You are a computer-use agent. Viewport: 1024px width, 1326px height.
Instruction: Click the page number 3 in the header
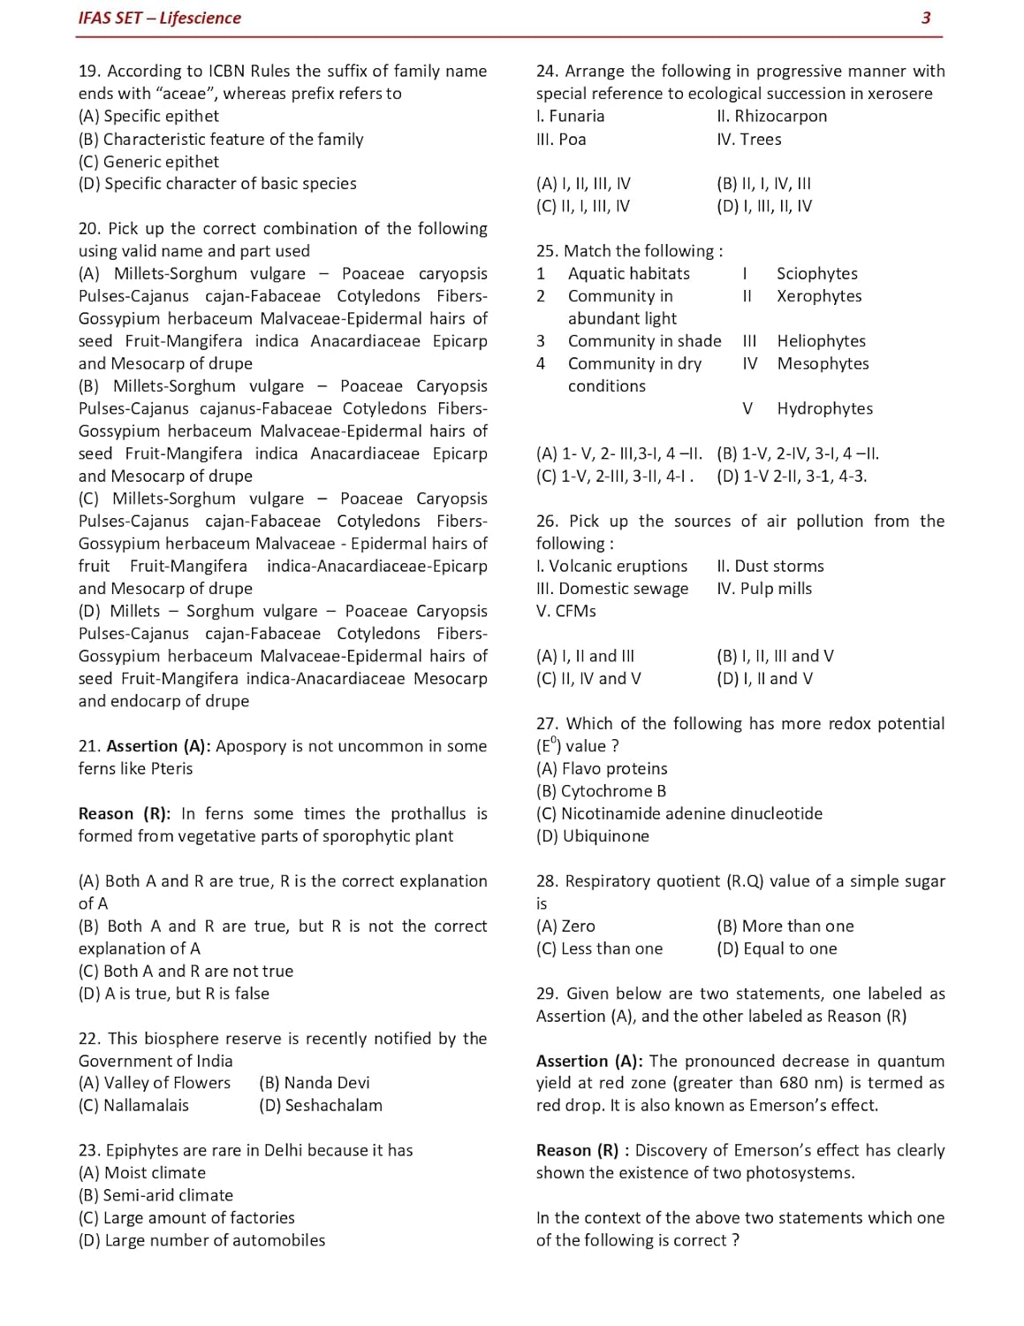click(x=925, y=18)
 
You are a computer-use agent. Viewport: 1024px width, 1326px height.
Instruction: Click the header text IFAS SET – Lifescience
click(x=159, y=18)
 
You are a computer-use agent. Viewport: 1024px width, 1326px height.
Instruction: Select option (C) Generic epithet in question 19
click(x=148, y=162)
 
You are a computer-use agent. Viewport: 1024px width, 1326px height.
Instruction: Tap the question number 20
click(x=88, y=229)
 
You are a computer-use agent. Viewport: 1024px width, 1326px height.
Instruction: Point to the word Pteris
click(x=171, y=769)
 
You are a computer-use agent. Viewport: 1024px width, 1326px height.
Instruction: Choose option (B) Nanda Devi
click(x=315, y=1083)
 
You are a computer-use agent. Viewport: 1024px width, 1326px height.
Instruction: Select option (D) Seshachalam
click(x=321, y=1106)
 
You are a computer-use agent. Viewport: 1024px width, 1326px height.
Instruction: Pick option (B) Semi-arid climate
click(x=155, y=1195)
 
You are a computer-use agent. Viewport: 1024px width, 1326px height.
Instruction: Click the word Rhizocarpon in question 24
click(x=781, y=117)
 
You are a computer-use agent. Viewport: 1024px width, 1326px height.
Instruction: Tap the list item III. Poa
click(x=561, y=140)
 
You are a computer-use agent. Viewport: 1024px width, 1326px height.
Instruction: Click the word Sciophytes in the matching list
click(x=817, y=274)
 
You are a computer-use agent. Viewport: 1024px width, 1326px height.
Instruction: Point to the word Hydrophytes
click(x=825, y=408)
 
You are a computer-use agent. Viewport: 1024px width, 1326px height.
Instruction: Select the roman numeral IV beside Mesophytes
click(x=750, y=363)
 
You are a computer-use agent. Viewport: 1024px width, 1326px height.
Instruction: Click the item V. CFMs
click(x=566, y=612)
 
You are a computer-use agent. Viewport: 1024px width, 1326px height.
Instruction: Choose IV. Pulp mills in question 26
click(x=764, y=589)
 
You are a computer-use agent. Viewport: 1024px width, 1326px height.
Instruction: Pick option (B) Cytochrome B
click(x=601, y=791)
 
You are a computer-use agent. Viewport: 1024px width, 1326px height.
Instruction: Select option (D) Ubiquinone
click(x=592, y=836)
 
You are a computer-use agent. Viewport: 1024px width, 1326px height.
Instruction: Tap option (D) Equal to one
click(x=777, y=949)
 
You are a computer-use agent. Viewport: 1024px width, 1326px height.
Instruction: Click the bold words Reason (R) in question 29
click(x=577, y=1151)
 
